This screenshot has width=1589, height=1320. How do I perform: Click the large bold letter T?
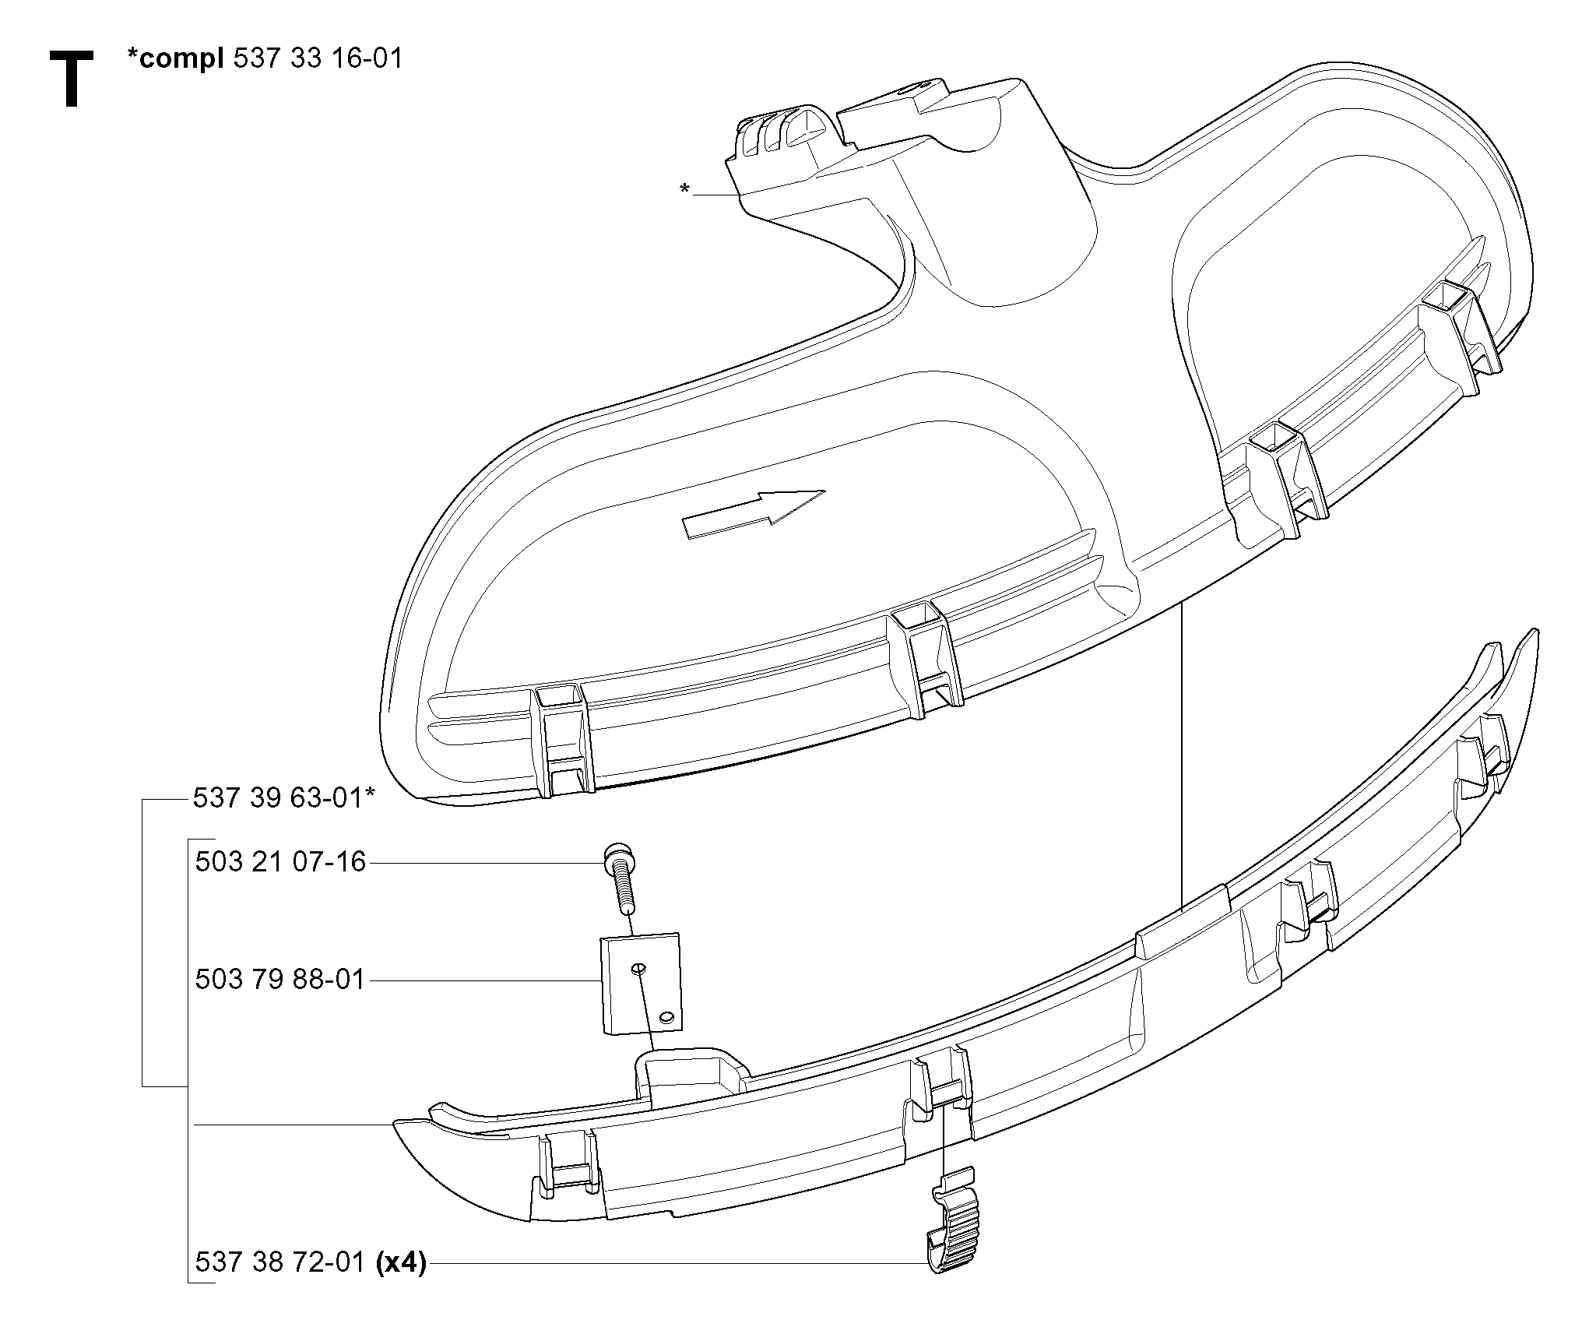(72, 79)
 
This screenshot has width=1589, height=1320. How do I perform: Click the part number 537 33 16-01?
(318, 58)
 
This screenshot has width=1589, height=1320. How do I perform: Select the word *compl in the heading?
(175, 60)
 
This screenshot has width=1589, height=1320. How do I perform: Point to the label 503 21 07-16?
(280, 862)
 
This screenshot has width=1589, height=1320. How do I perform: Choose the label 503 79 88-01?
(280, 979)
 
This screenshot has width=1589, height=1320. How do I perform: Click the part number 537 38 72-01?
(280, 1262)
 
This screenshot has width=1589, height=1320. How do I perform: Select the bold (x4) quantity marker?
(400, 1262)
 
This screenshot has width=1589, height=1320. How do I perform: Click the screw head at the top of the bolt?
(619, 857)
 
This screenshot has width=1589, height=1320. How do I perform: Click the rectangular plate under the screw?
(642, 984)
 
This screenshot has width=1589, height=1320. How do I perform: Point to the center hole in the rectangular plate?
(638, 967)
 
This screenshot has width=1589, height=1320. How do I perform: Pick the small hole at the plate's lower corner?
(666, 1016)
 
